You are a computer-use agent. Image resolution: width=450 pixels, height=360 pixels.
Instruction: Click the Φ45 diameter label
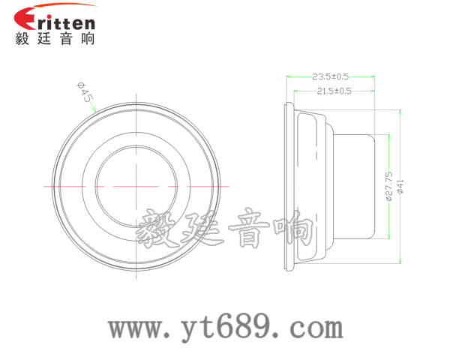pos(85,92)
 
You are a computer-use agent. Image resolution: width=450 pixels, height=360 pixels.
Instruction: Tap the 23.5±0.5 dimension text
pos(330,76)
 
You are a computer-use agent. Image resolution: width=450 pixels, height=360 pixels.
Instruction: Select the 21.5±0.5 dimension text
pos(334,91)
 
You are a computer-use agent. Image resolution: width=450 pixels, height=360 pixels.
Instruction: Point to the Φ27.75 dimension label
pos(388,186)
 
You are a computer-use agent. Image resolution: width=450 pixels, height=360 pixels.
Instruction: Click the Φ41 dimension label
pos(400,186)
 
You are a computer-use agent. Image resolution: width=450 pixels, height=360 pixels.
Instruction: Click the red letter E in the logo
pos(25,18)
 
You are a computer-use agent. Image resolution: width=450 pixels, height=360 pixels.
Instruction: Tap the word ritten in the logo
pos(66,22)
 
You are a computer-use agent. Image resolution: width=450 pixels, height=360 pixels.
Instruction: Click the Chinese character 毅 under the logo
pos(22,39)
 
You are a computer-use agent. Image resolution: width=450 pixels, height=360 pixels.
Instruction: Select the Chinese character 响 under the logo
pos(88,39)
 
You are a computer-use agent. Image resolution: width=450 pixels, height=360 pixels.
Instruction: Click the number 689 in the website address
pos(247,325)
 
